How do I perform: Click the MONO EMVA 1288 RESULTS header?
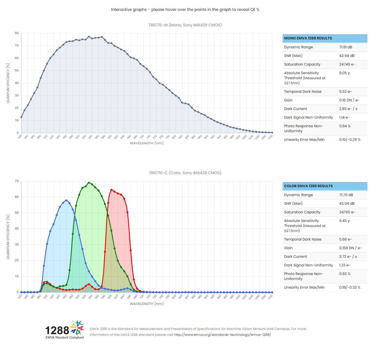[308, 38]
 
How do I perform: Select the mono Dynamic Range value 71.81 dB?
[345, 47]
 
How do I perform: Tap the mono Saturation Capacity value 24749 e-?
[347, 64]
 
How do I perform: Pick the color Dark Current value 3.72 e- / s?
[348, 257]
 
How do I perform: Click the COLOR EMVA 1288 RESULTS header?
[308, 186]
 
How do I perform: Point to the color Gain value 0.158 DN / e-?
[350, 248]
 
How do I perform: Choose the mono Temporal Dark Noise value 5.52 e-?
[345, 92]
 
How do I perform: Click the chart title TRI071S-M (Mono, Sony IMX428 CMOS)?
[185, 25]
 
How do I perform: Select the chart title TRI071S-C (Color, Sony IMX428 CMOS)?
[185, 173]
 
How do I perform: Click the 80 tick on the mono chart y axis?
[17, 33]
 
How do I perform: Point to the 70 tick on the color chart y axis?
[17, 181]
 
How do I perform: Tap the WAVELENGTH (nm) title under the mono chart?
[146, 143]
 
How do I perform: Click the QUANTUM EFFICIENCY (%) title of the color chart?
[8, 237]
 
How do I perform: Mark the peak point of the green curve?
[89, 183]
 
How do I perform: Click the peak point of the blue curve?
[66, 200]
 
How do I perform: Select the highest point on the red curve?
[111, 190]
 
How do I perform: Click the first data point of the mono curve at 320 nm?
[21, 117]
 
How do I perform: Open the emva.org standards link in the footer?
[222, 335]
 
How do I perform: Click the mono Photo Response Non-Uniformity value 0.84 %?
[345, 126]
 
